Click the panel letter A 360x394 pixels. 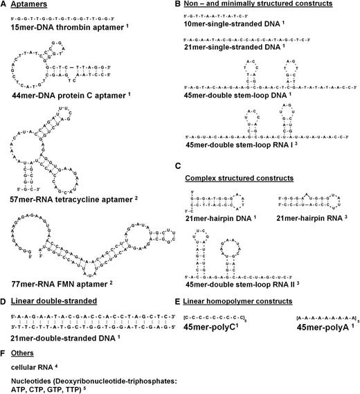tap(4, 5)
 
